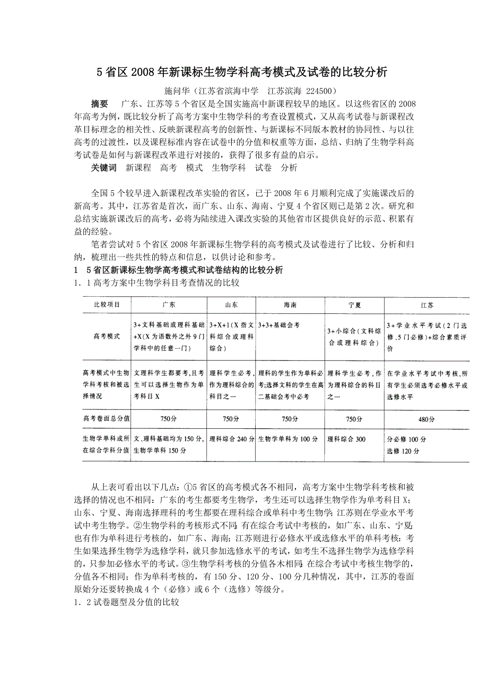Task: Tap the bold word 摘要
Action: (x=100, y=103)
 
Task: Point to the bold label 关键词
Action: (x=103, y=167)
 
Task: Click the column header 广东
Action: (x=169, y=305)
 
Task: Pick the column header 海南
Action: (x=290, y=305)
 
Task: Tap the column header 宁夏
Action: (x=354, y=305)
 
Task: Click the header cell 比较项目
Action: (x=107, y=305)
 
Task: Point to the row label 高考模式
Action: (x=107, y=336)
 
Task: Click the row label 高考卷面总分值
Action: (x=107, y=419)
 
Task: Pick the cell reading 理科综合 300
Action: (x=346, y=439)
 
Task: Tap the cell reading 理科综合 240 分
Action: (x=232, y=439)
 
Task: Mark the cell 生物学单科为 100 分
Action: (x=288, y=439)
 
